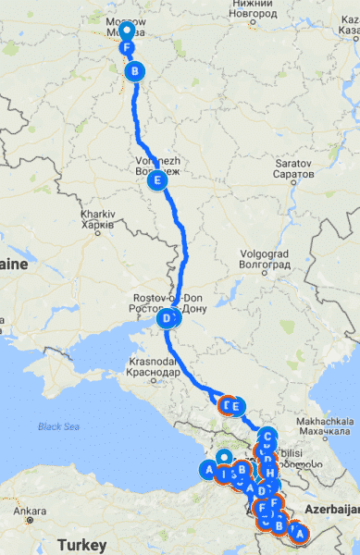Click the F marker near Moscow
(127, 48)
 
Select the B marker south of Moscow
(135, 71)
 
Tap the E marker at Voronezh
(159, 181)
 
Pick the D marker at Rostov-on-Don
(168, 319)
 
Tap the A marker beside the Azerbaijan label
(296, 532)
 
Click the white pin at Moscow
(126, 22)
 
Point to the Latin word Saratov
(293, 163)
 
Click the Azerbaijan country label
(329, 510)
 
